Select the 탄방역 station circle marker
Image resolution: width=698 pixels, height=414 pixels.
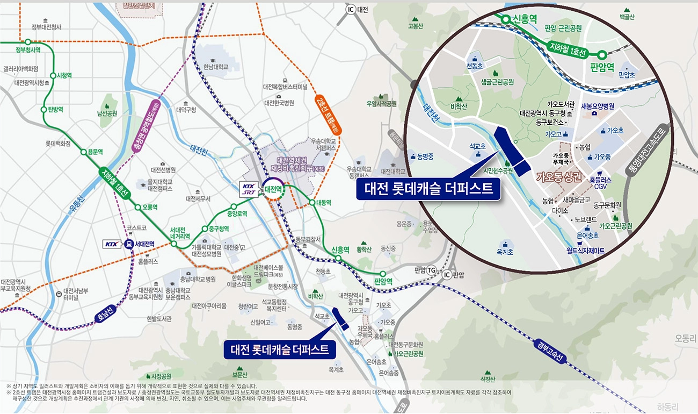pyautogui.click(x=45, y=110)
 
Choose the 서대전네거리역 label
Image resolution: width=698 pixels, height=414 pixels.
pyautogui.click(x=180, y=232)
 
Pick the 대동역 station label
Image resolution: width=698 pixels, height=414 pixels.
pyautogui.click(x=324, y=203)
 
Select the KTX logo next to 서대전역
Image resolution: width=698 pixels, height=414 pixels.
pyautogui.click(x=112, y=244)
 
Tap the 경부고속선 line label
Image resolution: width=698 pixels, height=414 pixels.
pyautogui.click(x=549, y=351)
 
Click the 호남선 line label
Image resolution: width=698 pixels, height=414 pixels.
pyautogui.click(x=105, y=313)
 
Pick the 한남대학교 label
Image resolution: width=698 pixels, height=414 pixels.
pyautogui.click(x=216, y=67)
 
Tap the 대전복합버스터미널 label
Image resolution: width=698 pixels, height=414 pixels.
pyautogui.click(x=285, y=87)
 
